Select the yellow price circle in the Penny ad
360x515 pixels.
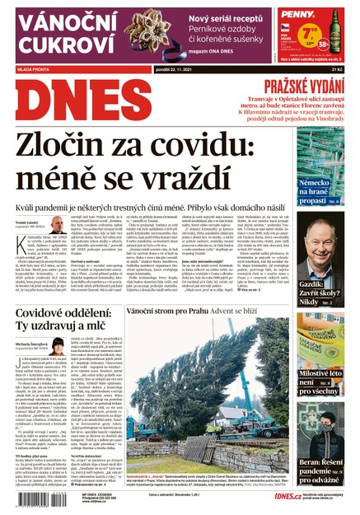[x=309, y=35]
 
